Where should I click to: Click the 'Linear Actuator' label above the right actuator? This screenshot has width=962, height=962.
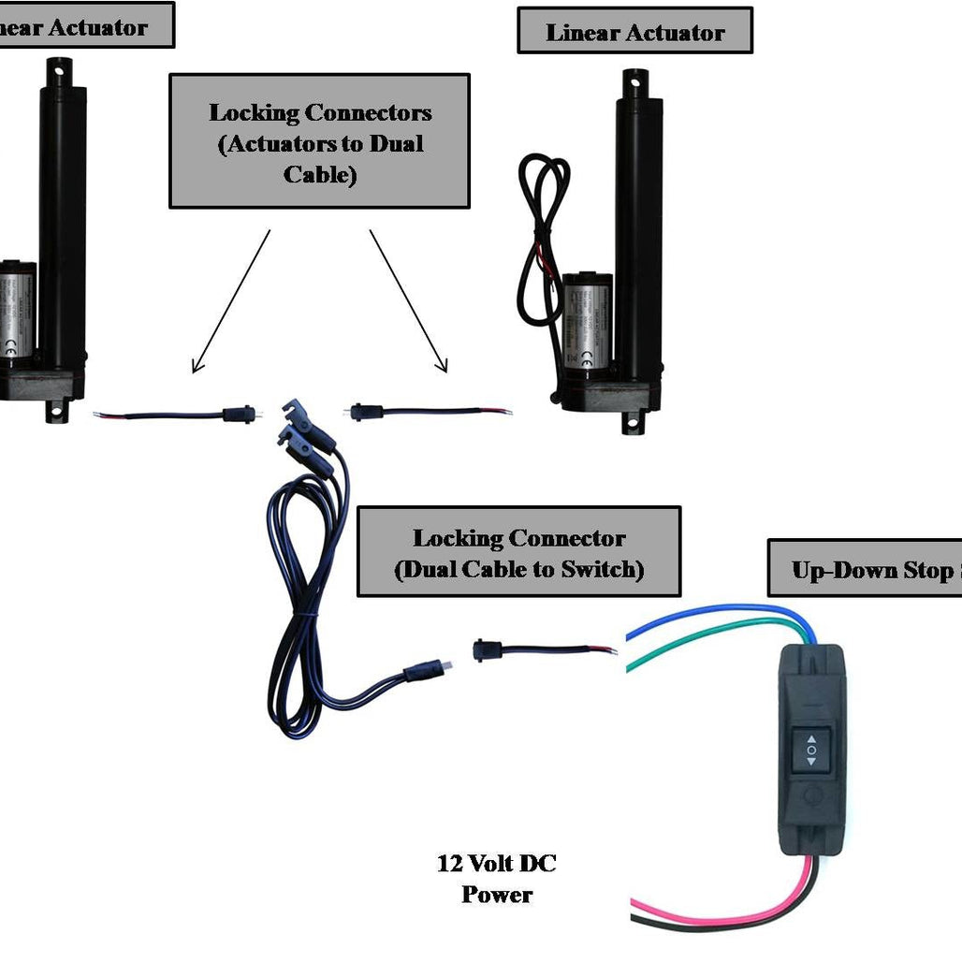tap(634, 32)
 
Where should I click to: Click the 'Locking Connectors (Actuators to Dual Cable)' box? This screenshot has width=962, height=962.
tap(319, 142)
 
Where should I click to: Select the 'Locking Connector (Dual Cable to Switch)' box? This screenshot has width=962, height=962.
tap(518, 553)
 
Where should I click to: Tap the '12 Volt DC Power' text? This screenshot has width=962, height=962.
tap(497, 878)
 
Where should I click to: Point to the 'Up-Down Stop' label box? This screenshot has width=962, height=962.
tap(865, 569)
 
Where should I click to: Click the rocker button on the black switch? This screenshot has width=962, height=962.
tap(811, 751)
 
